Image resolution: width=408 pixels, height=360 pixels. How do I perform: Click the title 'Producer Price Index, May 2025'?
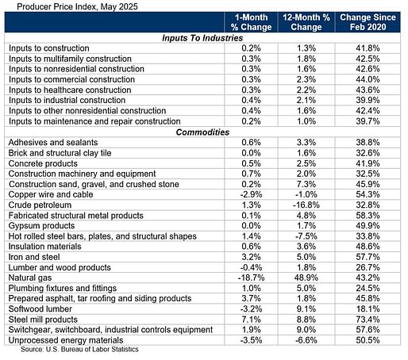click(77, 6)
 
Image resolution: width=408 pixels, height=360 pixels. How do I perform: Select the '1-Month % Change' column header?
click(251, 22)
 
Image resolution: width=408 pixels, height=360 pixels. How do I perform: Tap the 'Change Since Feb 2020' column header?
click(368, 22)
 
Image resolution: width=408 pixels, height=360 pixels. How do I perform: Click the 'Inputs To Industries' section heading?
click(202, 38)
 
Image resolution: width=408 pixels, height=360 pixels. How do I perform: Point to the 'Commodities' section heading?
click(202, 132)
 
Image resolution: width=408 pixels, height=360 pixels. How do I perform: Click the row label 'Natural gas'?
click(30, 278)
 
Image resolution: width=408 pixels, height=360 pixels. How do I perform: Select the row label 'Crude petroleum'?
click(40, 205)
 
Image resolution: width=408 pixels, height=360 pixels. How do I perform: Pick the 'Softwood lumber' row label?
click(40, 309)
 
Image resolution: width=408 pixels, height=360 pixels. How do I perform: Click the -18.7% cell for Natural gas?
click(251, 278)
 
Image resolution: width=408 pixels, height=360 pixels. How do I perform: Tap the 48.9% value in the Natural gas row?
click(306, 278)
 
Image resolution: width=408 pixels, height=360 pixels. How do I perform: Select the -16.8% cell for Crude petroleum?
click(306, 205)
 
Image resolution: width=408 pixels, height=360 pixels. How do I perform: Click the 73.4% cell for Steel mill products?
click(368, 320)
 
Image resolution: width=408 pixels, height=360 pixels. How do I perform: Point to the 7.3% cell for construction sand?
click(306, 184)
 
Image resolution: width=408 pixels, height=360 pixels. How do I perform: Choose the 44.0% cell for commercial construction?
click(368, 79)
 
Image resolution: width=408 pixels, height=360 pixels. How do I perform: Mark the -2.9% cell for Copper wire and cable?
click(251, 194)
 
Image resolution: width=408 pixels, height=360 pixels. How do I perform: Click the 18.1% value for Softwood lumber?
click(368, 309)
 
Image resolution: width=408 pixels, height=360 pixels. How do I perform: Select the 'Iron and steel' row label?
click(34, 257)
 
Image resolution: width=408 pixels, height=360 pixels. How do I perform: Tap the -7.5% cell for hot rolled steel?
click(306, 236)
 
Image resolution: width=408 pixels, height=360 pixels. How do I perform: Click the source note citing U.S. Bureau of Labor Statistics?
click(79, 350)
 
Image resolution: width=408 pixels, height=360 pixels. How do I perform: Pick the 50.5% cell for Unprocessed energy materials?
click(368, 340)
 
